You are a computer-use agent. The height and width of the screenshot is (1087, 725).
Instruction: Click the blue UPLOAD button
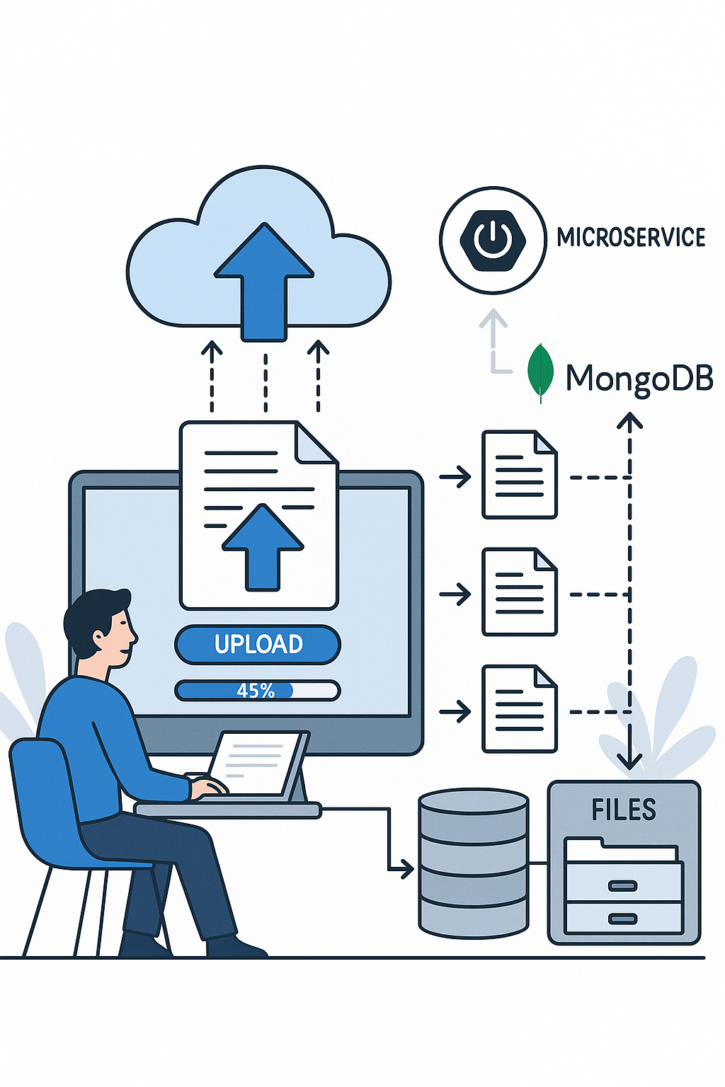(258, 644)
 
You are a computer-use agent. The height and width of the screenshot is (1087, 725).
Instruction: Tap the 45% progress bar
(258, 690)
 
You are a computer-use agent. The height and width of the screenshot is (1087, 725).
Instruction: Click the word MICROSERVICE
(631, 237)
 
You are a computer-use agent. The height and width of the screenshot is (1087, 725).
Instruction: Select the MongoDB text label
(639, 378)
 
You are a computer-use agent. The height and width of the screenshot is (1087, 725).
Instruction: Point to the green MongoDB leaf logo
(541, 372)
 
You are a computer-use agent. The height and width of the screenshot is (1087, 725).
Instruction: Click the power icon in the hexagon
(493, 239)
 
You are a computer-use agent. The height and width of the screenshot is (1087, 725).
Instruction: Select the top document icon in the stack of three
(519, 474)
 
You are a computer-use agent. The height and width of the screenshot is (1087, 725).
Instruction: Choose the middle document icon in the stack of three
(519, 592)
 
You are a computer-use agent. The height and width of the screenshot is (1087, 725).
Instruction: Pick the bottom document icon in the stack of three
(519, 708)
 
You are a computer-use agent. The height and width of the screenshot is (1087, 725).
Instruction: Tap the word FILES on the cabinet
(624, 810)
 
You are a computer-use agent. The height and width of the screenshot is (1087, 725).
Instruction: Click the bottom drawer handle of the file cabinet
(622, 919)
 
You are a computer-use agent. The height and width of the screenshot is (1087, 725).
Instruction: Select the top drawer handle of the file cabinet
(622, 885)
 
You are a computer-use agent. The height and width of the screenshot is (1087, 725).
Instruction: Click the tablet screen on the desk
(253, 763)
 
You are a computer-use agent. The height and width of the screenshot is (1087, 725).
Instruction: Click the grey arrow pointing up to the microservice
(493, 333)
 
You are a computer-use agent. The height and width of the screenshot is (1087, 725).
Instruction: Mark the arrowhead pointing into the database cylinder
(407, 868)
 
